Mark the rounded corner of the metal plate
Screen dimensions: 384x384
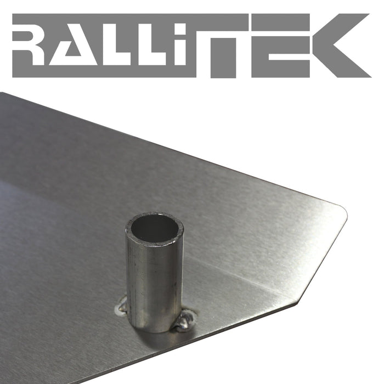[x=342, y=211]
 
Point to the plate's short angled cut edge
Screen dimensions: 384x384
[x=324, y=258]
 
